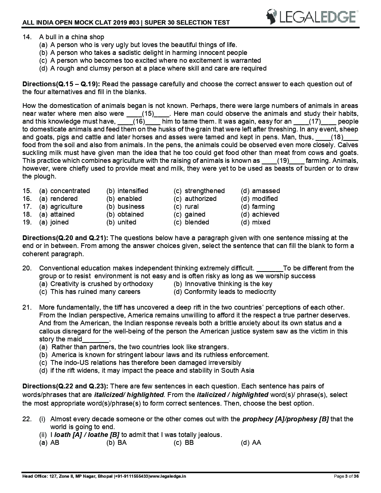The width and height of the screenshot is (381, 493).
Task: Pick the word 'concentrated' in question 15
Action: click(x=70, y=191)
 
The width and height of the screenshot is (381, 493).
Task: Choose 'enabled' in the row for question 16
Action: click(x=130, y=199)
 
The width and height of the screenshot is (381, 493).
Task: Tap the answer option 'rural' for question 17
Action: click(x=192, y=207)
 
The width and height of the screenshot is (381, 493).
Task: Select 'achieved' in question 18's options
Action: click(x=265, y=214)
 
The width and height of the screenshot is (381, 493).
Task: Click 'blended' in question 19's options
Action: click(x=196, y=222)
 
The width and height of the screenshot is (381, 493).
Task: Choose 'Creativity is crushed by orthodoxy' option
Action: click(x=101, y=284)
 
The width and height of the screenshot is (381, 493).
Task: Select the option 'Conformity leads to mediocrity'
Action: click(x=230, y=292)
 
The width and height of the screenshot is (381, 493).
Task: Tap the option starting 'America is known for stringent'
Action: click(x=160, y=355)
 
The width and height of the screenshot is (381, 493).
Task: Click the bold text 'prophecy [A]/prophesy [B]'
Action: click(x=285, y=419)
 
